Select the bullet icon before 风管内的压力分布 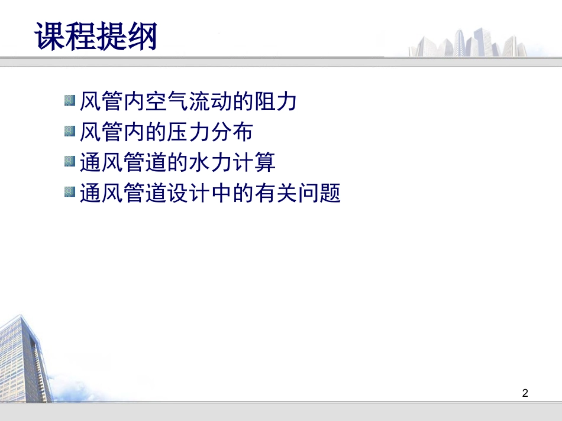tap(70, 130)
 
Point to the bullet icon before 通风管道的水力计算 tap(70, 161)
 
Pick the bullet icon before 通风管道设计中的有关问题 tap(70, 192)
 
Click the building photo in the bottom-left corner tap(24, 360)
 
